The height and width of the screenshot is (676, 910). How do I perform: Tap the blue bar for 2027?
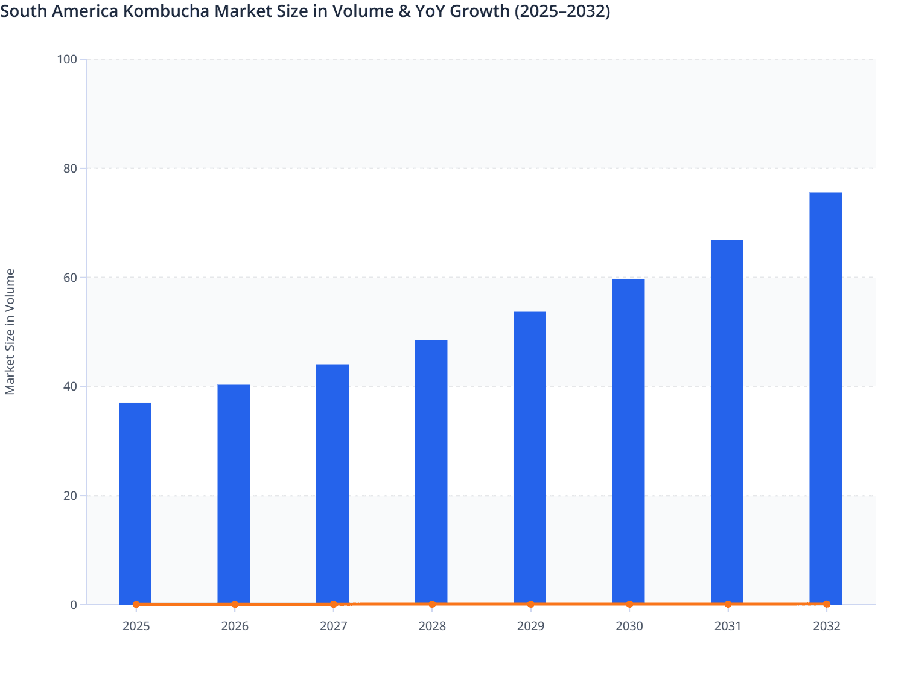click(x=332, y=483)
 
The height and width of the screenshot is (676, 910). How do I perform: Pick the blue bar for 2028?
click(x=431, y=471)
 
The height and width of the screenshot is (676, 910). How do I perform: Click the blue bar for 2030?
click(x=628, y=441)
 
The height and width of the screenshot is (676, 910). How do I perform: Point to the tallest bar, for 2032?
click(x=826, y=398)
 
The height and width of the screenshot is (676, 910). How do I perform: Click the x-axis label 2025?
click(x=136, y=626)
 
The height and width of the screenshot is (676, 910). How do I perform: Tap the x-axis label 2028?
click(x=432, y=626)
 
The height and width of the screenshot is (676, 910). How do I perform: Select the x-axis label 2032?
click(x=826, y=626)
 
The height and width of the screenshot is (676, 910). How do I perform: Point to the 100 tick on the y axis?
click(x=67, y=59)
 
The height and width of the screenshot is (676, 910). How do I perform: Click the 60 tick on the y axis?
click(x=70, y=278)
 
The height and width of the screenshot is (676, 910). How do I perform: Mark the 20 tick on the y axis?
click(x=70, y=496)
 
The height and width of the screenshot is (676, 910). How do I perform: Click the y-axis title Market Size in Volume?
click(x=10, y=331)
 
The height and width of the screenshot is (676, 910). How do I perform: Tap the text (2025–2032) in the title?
click(x=562, y=11)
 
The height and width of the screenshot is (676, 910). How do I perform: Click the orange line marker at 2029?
click(x=530, y=604)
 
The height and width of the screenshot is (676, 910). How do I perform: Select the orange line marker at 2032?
click(x=826, y=604)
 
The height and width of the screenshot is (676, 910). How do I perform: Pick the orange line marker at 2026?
click(x=235, y=604)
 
